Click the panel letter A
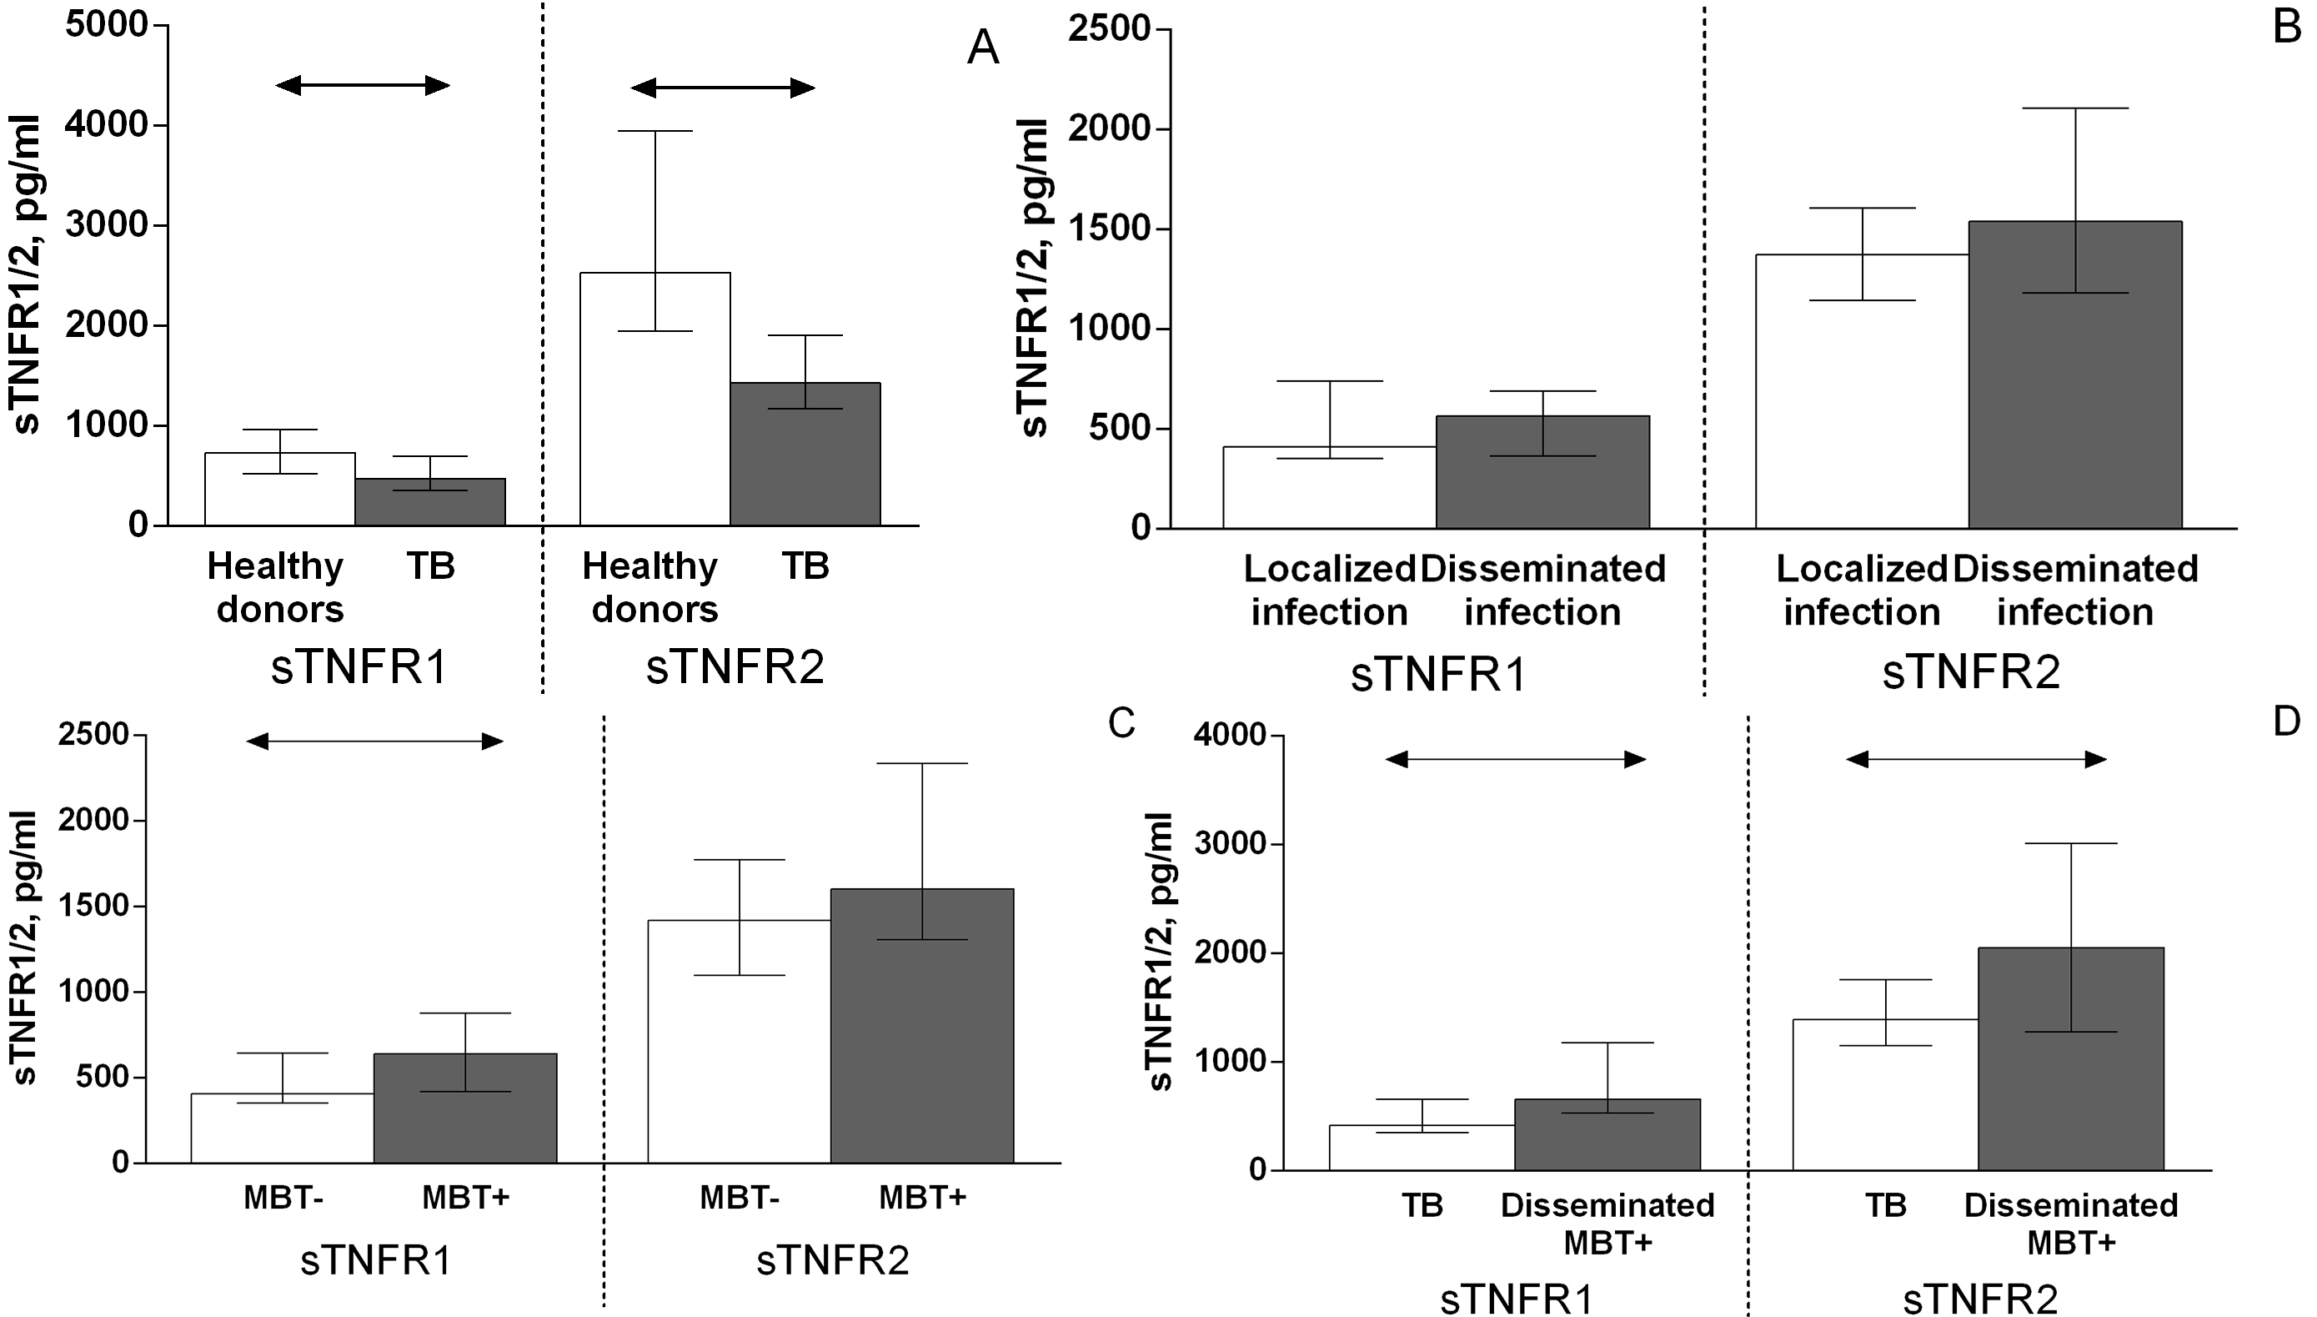click(x=983, y=47)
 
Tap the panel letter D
click(x=2285, y=721)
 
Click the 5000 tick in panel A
click(x=107, y=25)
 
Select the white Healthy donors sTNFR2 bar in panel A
click(x=654, y=398)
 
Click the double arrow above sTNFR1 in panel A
click(x=363, y=86)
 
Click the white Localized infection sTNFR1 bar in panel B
click(x=1329, y=488)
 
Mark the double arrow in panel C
click(x=374, y=741)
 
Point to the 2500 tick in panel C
click(x=94, y=735)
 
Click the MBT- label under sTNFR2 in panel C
click(x=739, y=1198)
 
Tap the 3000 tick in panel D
click(x=1231, y=845)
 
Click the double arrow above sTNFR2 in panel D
click(x=1975, y=760)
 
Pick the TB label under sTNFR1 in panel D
click(x=1422, y=1205)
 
